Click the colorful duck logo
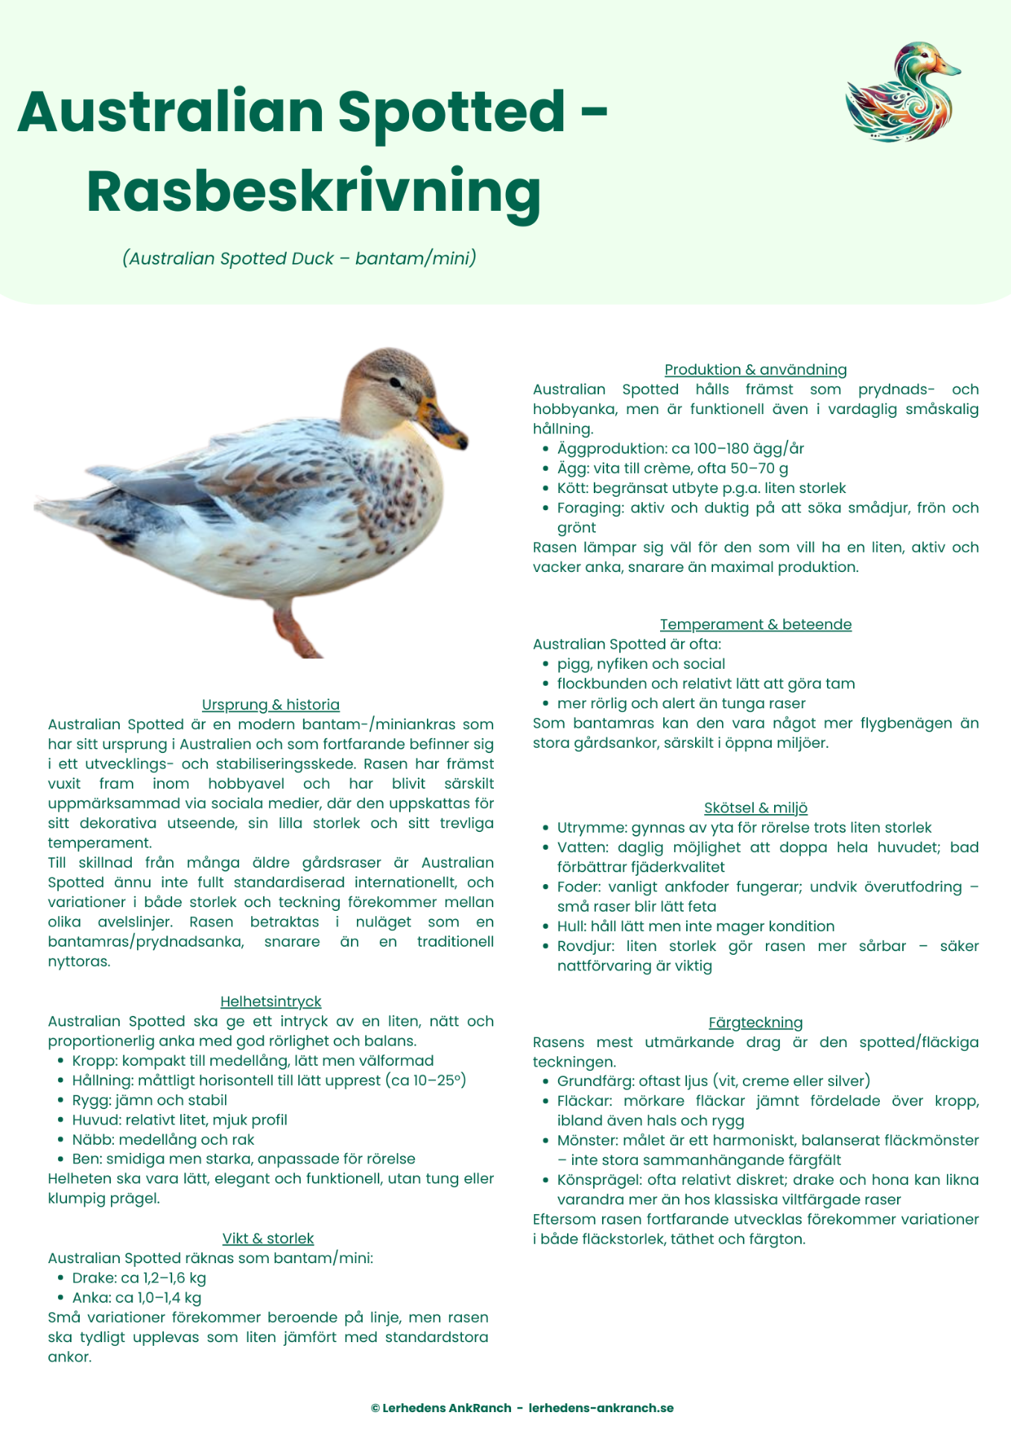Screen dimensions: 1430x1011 pyautogui.click(x=902, y=92)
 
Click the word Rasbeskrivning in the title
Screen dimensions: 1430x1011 pyautogui.click(x=314, y=192)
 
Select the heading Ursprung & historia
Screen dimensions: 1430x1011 pyautogui.click(x=270, y=705)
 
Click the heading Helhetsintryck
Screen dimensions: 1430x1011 pyautogui.click(x=270, y=1002)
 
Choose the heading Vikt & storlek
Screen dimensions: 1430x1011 pyautogui.click(x=267, y=1239)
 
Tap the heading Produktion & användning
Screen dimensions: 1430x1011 pyautogui.click(x=755, y=369)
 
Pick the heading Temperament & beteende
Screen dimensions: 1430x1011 pyautogui.click(x=755, y=624)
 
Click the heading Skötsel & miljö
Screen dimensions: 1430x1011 pyautogui.click(x=755, y=808)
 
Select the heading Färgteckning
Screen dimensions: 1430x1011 pyautogui.click(x=755, y=1023)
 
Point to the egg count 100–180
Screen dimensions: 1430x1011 pyautogui.click(x=720, y=449)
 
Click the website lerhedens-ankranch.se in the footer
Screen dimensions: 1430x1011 pyautogui.click(x=601, y=1408)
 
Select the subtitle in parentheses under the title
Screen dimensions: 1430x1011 pyautogui.click(x=300, y=258)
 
